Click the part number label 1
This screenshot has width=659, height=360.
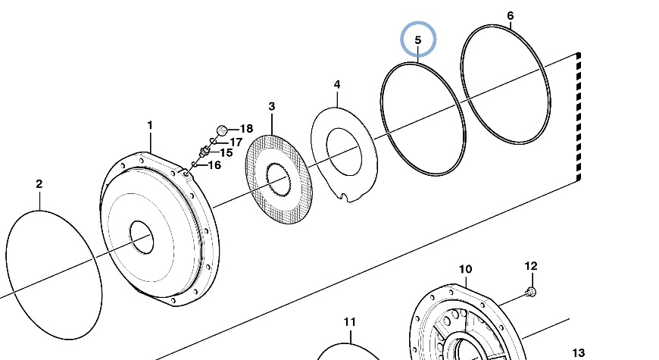pyautogui.click(x=150, y=125)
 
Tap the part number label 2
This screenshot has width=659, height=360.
pyautogui.click(x=39, y=184)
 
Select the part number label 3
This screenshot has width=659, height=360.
pyautogui.click(x=271, y=107)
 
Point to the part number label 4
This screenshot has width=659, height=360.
pyautogui.click(x=337, y=85)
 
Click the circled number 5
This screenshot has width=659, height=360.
pyautogui.click(x=418, y=38)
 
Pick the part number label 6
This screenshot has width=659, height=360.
pyautogui.click(x=510, y=16)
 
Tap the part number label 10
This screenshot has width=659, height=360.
pyautogui.click(x=465, y=270)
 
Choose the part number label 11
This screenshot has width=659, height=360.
pyautogui.click(x=348, y=322)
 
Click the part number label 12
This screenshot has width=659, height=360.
pyautogui.click(x=531, y=266)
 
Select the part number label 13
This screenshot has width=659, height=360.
pyautogui.click(x=578, y=353)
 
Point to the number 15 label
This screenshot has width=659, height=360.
pyautogui.click(x=226, y=153)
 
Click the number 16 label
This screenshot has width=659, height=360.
pyautogui.click(x=214, y=164)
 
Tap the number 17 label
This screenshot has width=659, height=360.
pyautogui.click(x=235, y=142)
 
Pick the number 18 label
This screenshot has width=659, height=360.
pyautogui.click(x=246, y=130)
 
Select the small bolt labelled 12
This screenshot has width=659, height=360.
pyautogui.click(x=530, y=292)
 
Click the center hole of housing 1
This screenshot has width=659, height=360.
pyautogui.click(x=142, y=237)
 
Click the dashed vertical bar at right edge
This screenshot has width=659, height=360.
pyautogui.click(x=578, y=117)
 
